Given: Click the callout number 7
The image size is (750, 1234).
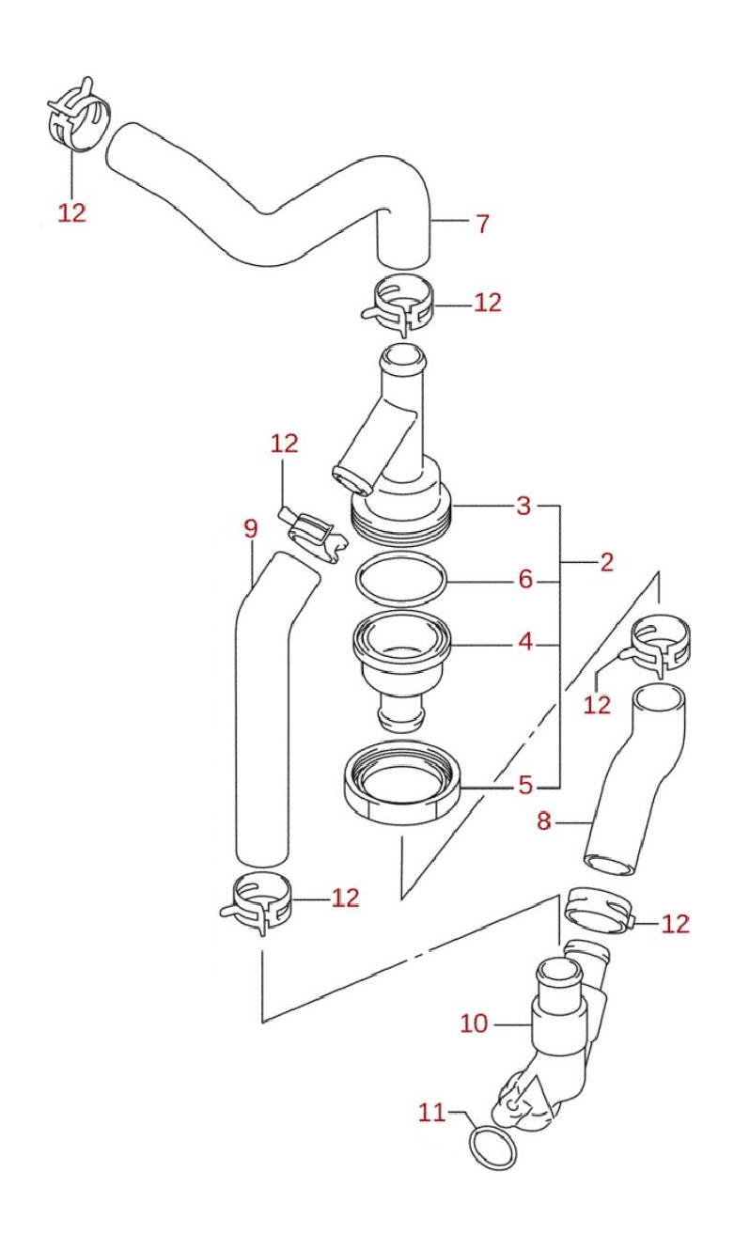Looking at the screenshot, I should (482, 224).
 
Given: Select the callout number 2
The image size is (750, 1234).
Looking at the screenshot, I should (606, 562).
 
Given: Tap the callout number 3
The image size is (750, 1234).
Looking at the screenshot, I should (523, 507).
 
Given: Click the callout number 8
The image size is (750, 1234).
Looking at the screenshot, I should (543, 821).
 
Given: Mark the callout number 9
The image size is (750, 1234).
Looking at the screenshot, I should (250, 529).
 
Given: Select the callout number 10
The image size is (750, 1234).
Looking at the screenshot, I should (475, 1023).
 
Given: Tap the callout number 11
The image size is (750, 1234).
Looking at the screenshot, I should (431, 1113).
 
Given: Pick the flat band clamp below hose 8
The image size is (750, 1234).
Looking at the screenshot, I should (599, 910).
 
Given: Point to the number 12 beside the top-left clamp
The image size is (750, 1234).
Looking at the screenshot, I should (71, 212).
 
